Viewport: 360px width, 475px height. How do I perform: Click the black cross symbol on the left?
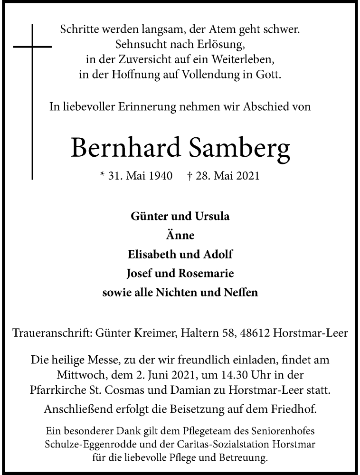[32, 47]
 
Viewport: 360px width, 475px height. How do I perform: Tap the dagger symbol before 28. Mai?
[189, 176]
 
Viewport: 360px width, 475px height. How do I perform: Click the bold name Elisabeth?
[152, 254]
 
